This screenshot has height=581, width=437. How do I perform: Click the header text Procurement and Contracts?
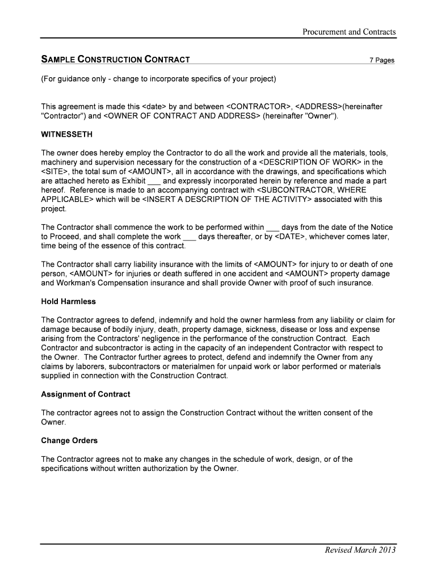(x=348, y=32)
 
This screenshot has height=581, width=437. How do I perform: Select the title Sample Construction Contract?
(x=115, y=60)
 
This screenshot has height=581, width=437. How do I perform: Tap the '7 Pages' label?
(x=381, y=60)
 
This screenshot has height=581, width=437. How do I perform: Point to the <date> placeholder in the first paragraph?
(x=154, y=107)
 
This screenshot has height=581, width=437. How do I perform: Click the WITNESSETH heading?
(x=66, y=135)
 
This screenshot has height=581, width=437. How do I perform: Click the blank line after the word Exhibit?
(x=154, y=181)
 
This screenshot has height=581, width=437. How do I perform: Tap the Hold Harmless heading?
(x=68, y=301)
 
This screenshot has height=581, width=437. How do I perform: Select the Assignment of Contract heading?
(x=85, y=394)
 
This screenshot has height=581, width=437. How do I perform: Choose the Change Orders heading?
(x=69, y=441)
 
